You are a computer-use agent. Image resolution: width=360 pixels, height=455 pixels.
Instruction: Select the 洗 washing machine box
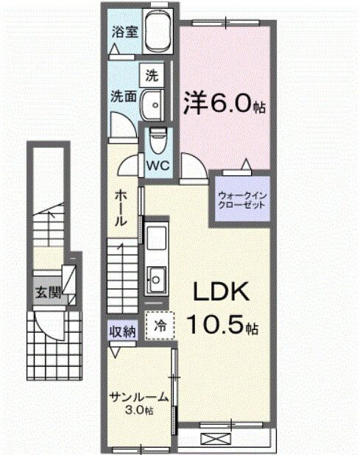[x=151, y=74]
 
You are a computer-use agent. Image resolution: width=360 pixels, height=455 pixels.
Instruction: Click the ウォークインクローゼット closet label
[x=241, y=201]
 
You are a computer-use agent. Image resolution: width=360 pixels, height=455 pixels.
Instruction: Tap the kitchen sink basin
[x=158, y=279]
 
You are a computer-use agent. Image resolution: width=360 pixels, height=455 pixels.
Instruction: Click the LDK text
[x=222, y=293]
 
